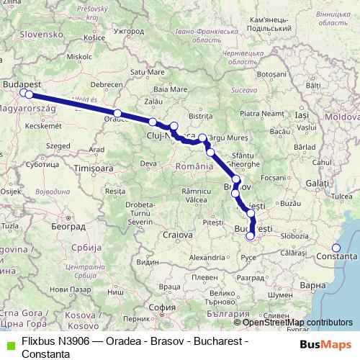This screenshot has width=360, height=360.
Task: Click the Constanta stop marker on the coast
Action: pyautogui.click(x=336, y=248)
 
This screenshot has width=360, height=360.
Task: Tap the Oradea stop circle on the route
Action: pyautogui.click(x=117, y=114)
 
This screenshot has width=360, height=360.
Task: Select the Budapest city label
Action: pyautogui.click(x=19, y=84)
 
